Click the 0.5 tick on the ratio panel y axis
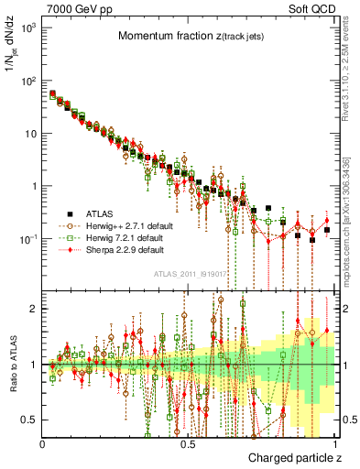pyautogui.click(x=29, y=420)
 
